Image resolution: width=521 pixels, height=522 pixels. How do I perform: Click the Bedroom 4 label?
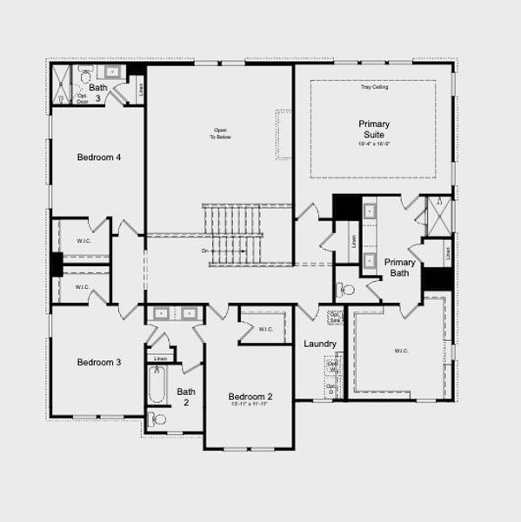tap(99, 157)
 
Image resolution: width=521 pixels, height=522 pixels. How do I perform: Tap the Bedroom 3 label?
tap(98, 362)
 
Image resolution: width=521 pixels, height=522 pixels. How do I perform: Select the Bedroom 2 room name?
tap(250, 397)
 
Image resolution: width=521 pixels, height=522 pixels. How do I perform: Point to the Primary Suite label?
tap(374, 129)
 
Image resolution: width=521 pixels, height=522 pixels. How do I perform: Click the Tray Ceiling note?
tap(374, 87)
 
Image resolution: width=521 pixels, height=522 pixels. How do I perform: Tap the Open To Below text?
tap(217, 135)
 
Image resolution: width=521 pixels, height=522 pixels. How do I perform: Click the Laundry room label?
tap(319, 344)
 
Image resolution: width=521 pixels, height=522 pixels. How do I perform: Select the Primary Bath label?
tap(400, 267)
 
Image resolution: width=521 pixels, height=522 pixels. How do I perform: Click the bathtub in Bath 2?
tap(157, 385)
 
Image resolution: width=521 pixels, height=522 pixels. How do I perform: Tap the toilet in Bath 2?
tap(158, 419)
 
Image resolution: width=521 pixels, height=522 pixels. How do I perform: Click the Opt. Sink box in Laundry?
tap(334, 317)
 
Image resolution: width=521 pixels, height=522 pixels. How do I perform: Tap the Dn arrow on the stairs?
tap(207, 251)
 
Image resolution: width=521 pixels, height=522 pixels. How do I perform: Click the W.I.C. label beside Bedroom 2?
tap(267, 328)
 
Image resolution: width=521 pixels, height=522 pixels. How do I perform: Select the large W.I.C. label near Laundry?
tap(401, 351)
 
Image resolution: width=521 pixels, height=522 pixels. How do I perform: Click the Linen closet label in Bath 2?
tap(160, 358)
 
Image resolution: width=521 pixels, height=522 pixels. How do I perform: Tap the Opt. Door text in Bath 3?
tap(83, 97)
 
